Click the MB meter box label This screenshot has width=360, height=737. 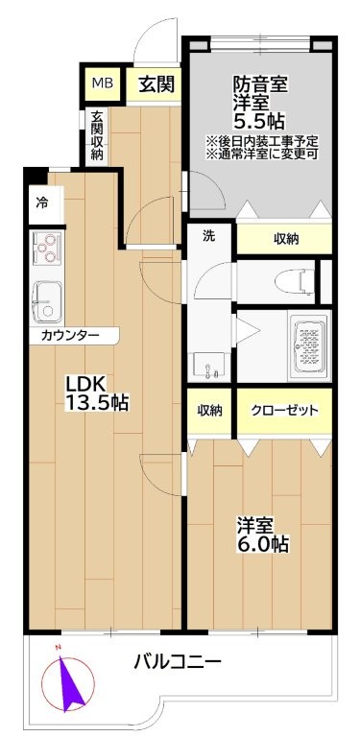click(x=102, y=84)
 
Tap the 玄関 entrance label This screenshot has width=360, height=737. click(x=156, y=84)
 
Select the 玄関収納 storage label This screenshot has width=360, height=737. click(x=97, y=135)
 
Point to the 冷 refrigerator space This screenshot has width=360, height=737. click(x=43, y=203)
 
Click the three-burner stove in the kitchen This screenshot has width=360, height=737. click(x=46, y=248)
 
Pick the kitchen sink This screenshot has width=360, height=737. click(x=46, y=301)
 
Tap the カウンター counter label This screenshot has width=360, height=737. click(x=70, y=336)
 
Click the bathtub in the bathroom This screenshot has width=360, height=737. click(x=308, y=345)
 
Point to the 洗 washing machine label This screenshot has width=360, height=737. click(x=208, y=236)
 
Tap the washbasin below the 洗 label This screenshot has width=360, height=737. click(x=207, y=367)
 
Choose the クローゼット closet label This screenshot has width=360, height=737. click(x=284, y=411)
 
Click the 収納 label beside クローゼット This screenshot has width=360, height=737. click(x=209, y=411)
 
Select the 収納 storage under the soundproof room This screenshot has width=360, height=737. click(x=286, y=239)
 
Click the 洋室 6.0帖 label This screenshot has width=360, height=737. click(x=262, y=535)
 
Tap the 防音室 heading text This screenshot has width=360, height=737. click(x=260, y=86)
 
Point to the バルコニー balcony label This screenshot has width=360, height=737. click(x=178, y=663)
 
